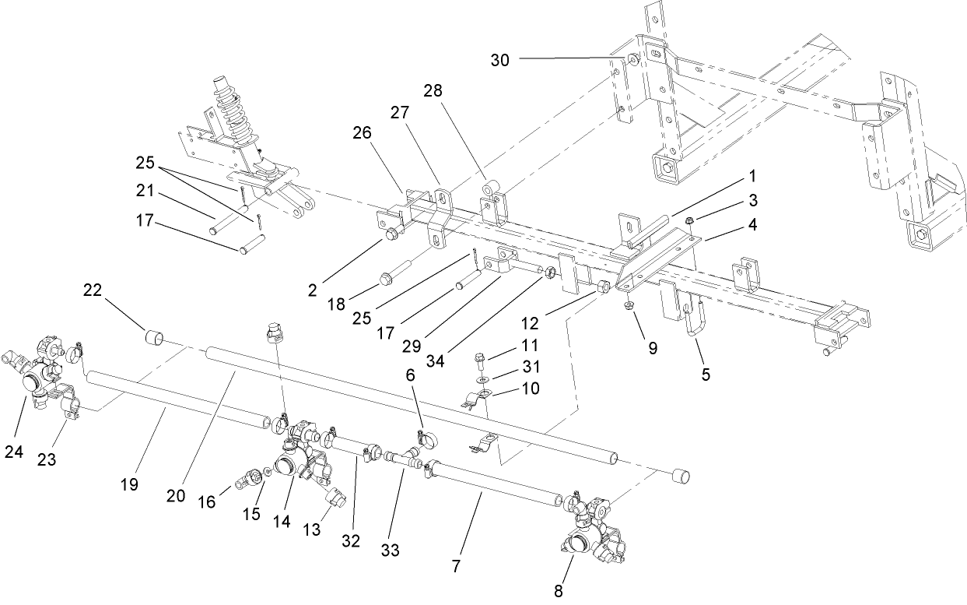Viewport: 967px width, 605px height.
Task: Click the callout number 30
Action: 499,59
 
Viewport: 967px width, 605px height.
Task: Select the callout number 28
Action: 432,91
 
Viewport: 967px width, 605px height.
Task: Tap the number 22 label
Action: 93,290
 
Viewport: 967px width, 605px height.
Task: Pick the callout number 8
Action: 558,590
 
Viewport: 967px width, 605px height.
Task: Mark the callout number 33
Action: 390,550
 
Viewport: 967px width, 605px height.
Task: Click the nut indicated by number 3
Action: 690,220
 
